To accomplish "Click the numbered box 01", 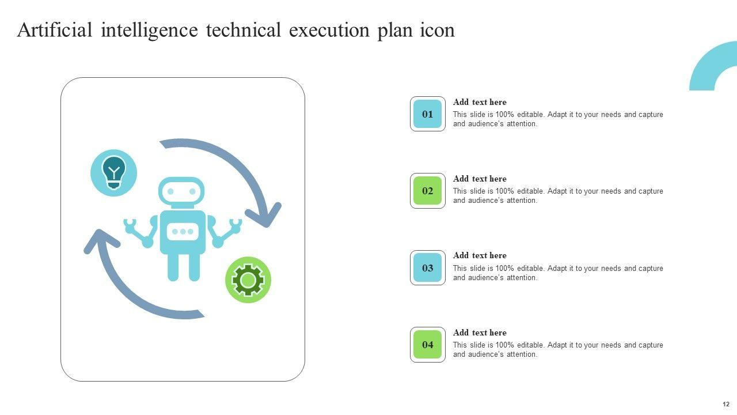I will tap(427, 114).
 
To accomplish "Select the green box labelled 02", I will tap(427, 191).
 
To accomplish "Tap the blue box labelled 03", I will tap(427, 268).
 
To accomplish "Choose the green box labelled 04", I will tap(427, 345).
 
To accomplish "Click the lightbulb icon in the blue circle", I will tap(114, 172).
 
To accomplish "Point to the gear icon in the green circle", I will tap(248, 280).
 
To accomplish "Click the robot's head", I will tap(181, 191).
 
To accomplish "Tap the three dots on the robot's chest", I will tap(183, 232).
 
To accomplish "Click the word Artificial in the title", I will tap(55, 30).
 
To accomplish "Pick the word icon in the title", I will tap(437, 30).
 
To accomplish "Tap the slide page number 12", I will tap(725, 404).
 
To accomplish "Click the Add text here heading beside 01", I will tap(480, 103).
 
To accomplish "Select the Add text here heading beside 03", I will tap(480, 256).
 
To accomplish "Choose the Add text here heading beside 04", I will tap(480, 333).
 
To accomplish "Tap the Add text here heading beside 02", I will tap(480, 179).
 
